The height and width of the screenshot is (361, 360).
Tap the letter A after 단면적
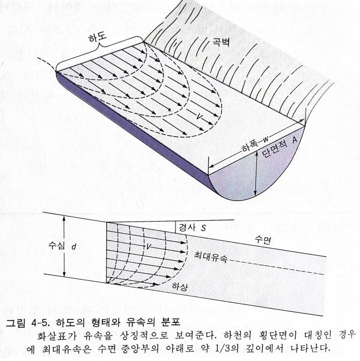[x=296, y=139]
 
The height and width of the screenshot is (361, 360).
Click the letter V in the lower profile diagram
[x=148, y=247]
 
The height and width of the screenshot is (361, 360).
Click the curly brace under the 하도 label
[x=100, y=51]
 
